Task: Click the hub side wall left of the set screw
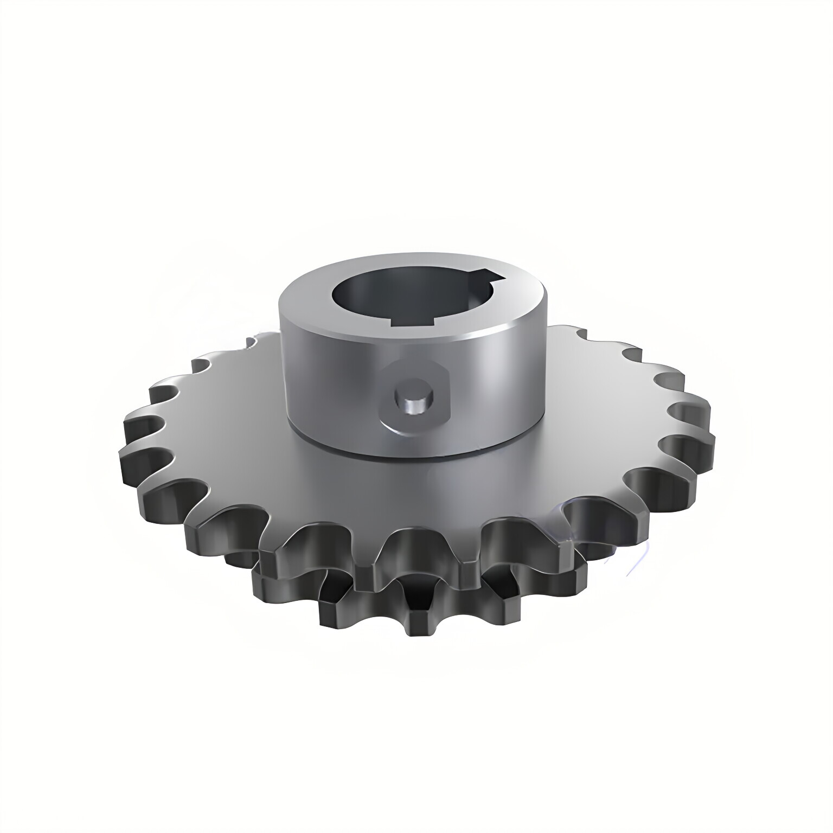tap(331, 380)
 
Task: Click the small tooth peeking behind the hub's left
tap(251, 342)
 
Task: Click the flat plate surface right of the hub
tap(597, 412)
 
